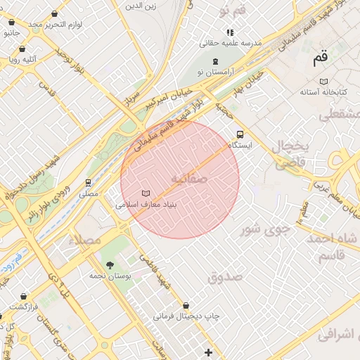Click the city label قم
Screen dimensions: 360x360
click(321, 59)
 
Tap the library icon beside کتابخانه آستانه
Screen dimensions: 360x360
click(323, 82)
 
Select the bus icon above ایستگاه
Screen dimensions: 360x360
click(240, 134)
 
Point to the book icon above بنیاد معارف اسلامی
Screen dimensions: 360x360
click(146, 193)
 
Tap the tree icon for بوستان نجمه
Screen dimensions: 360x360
click(109, 265)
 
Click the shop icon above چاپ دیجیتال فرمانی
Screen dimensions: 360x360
click(186, 306)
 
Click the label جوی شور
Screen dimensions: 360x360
click(265, 229)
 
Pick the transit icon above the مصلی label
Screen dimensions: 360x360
click(89, 183)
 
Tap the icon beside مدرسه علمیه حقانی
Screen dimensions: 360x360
click(229, 32)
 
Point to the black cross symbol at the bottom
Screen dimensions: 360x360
click(208, 352)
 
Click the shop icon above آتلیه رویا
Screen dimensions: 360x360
click(22, 49)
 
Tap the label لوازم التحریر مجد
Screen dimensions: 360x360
click(56, 25)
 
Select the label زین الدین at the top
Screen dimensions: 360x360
click(140, 6)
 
